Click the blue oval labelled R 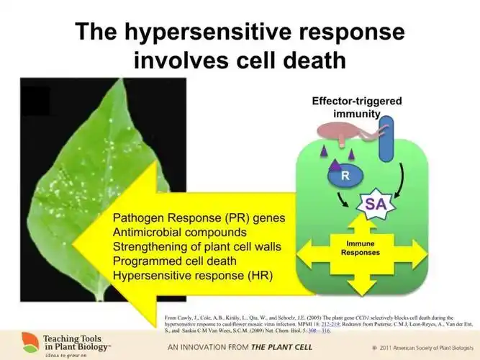(x=345, y=175)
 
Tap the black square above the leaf (x=35, y=101)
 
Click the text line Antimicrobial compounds (x=180, y=233)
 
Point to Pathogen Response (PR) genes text (x=199, y=218)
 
